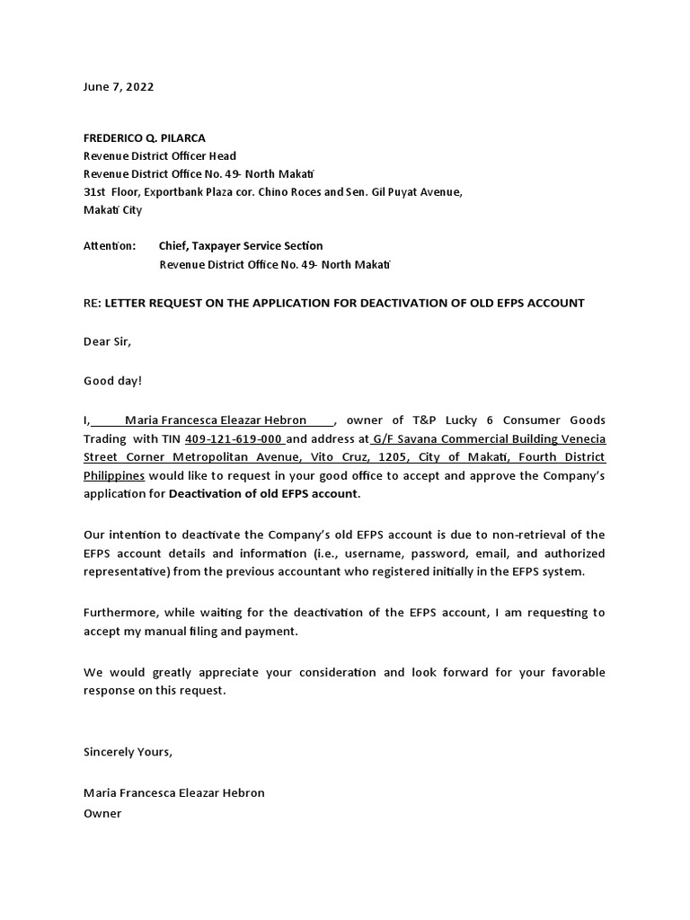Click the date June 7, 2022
click(x=118, y=87)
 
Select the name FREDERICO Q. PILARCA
click(x=144, y=137)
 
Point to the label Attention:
click(x=110, y=246)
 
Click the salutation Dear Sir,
click(x=107, y=342)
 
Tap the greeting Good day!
click(x=112, y=381)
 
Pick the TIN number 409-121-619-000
click(x=234, y=439)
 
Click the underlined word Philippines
click(x=114, y=475)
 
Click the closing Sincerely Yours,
click(x=127, y=751)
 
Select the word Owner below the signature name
click(x=102, y=813)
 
